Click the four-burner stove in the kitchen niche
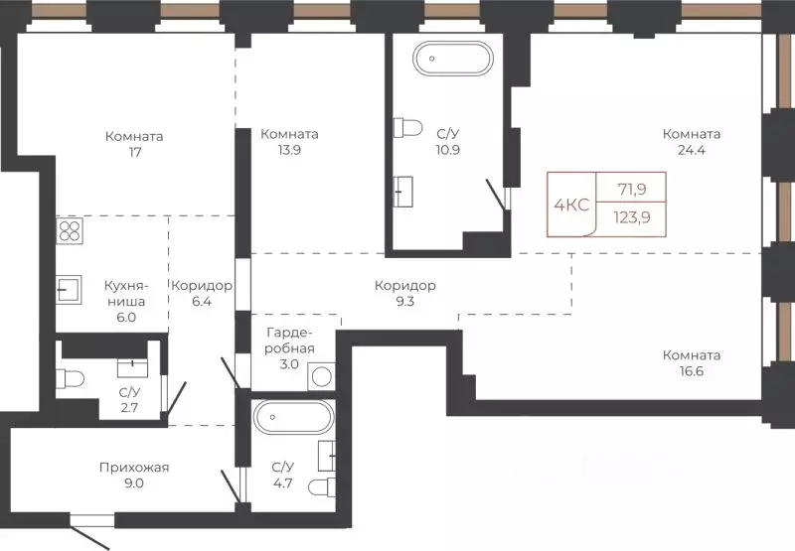pyautogui.click(x=70, y=231)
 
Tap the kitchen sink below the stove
pyautogui.click(x=69, y=290)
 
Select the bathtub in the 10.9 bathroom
pyautogui.click(x=453, y=59)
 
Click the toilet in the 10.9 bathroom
pyautogui.click(x=407, y=128)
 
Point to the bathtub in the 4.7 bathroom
pyautogui.click(x=294, y=417)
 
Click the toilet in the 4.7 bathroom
pyautogui.click(x=322, y=487)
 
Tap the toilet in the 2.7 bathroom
pyautogui.click(x=70, y=379)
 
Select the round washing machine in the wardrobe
pyautogui.click(x=321, y=376)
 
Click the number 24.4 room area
pyautogui.click(x=691, y=150)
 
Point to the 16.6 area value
pyautogui.click(x=691, y=371)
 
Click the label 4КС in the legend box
pyautogui.click(x=571, y=205)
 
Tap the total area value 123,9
pyautogui.click(x=632, y=217)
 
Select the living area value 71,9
pyautogui.click(x=632, y=190)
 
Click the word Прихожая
pyautogui.click(x=134, y=468)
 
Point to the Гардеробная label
pyautogui.click(x=289, y=341)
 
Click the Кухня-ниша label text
pyautogui.click(x=125, y=293)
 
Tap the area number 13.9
pyautogui.click(x=289, y=150)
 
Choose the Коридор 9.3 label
pyautogui.click(x=405, y=293)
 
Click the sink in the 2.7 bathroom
pyautogui.click(x=132, y=368)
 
